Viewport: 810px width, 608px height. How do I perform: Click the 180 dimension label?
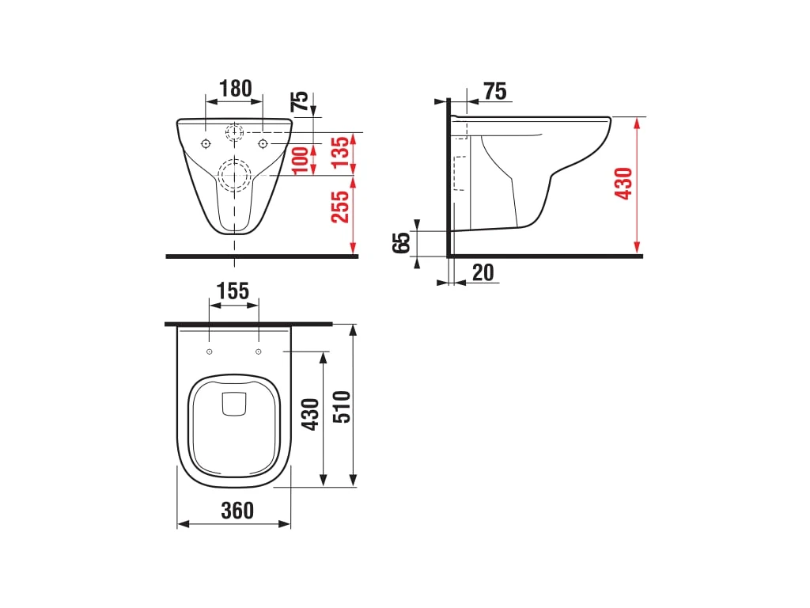pos(236,89)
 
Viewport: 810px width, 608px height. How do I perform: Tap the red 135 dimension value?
pos(341,153)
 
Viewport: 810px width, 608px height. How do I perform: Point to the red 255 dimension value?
pos(340,207)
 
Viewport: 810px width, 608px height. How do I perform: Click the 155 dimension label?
pos(233,291)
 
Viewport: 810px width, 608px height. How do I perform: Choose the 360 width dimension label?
pos(237,511)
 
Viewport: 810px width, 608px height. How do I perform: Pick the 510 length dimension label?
pos(342,407)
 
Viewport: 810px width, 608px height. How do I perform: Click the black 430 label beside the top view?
pos(310,414)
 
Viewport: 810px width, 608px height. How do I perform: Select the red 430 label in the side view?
pos(623,184)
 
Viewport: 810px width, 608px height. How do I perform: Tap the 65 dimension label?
pos(402,242)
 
